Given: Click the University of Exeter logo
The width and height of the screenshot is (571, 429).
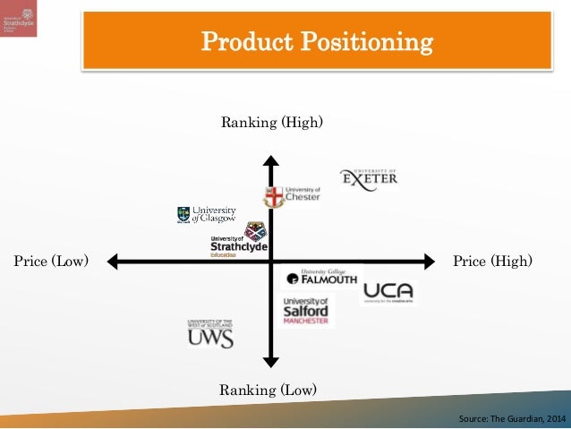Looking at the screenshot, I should pyautogui.click(x=369, y=179).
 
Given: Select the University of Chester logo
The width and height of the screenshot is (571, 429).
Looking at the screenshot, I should pyautogui.click(x=292, y=196).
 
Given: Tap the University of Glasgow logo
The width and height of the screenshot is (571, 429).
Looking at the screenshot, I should pyautogui.click(x=207, y=214).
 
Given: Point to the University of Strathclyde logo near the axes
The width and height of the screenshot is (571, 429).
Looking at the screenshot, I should pyautogui.click(x=240, y=240).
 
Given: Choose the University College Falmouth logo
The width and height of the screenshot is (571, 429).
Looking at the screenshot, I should pyautogui.click(x=321, y=278).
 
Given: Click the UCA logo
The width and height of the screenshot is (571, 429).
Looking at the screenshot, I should pyautogui.click(x=388, y=292).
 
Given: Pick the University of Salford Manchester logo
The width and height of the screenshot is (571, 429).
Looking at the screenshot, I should pyautogui.click(x=305, y=310).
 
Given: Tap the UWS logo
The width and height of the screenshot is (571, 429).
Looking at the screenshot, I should pyautogui.click(x=210, y=333).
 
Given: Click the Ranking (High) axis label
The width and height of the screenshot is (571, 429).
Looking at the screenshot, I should pyautogui.click(x=271, y=122).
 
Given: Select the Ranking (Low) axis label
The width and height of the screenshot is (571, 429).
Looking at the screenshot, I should pyautogui.click(x=268, y=390).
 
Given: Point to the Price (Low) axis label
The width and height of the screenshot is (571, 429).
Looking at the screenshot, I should pyautogui.click(x=51, y=262).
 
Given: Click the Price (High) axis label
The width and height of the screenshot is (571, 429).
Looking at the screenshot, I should pyautogui.click(x=492, y=262).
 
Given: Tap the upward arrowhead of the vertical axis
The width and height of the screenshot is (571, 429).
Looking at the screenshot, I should pyautogui.click(x=270, y=161).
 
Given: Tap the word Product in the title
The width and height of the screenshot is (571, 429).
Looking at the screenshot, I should pyautogui.click(x=243, y=41).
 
